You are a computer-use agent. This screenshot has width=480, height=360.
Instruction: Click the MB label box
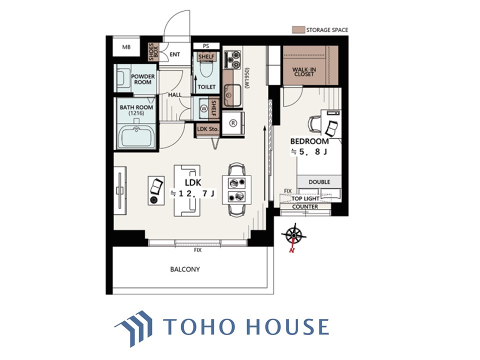126,47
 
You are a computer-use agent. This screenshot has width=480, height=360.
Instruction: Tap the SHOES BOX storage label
153,51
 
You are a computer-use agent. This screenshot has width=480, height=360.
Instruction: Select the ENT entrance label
174,54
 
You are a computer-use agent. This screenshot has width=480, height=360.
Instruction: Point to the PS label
206,46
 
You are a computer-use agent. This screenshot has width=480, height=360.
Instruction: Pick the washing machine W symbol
204,108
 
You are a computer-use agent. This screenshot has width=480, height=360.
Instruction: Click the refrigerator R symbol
233,123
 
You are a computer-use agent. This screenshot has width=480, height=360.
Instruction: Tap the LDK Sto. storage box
208,129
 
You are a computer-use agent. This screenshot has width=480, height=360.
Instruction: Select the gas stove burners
233,59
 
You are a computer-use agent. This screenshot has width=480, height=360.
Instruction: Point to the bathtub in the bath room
136,137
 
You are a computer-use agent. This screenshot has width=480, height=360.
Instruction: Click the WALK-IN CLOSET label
304,71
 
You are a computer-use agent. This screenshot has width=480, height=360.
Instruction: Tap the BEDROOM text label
309,141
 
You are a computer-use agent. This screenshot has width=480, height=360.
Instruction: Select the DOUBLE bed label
319,182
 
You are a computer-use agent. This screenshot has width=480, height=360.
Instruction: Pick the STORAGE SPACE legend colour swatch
298,29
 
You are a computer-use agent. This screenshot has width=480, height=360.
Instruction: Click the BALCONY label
185,269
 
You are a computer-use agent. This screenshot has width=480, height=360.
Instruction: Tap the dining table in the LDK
236,189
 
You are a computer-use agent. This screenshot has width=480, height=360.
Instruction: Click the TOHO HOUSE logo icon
134,328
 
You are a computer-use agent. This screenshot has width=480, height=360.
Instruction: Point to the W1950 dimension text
247,78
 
